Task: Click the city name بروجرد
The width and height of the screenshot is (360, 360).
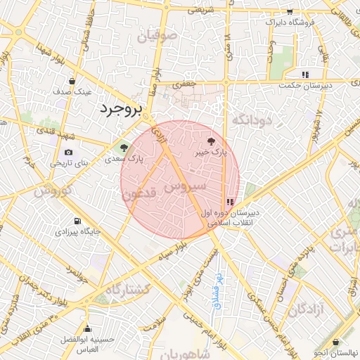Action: pyautogui.click(x=121, y=109)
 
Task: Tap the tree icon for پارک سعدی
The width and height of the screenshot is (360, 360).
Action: pyautogui.click(x=124, y=148)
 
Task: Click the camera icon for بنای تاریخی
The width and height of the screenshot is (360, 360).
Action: pyautogui.click(x=68, y=152)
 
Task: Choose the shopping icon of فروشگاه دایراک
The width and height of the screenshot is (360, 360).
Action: pyautogui.click(x=290, y=12)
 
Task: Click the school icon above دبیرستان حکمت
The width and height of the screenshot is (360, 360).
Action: pyautogui.click(x=304, y=75)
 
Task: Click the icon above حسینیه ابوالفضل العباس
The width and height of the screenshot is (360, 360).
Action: pyautogui.click(x=87, y=328)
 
